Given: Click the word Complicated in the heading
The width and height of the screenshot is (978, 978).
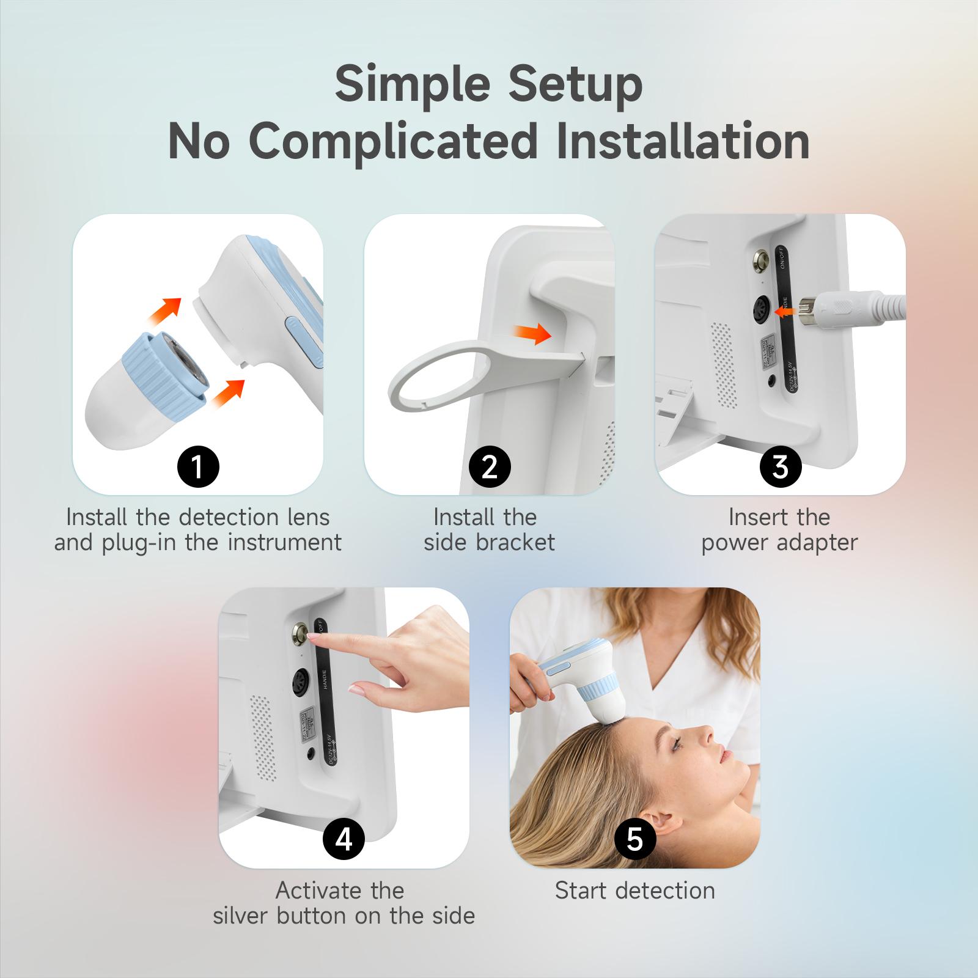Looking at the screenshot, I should point(394,142).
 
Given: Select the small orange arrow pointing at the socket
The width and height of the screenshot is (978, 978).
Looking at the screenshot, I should point(789,312).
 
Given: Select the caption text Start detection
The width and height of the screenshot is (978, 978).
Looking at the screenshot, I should point(634,891).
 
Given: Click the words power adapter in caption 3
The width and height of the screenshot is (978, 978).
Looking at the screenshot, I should point(779,542).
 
